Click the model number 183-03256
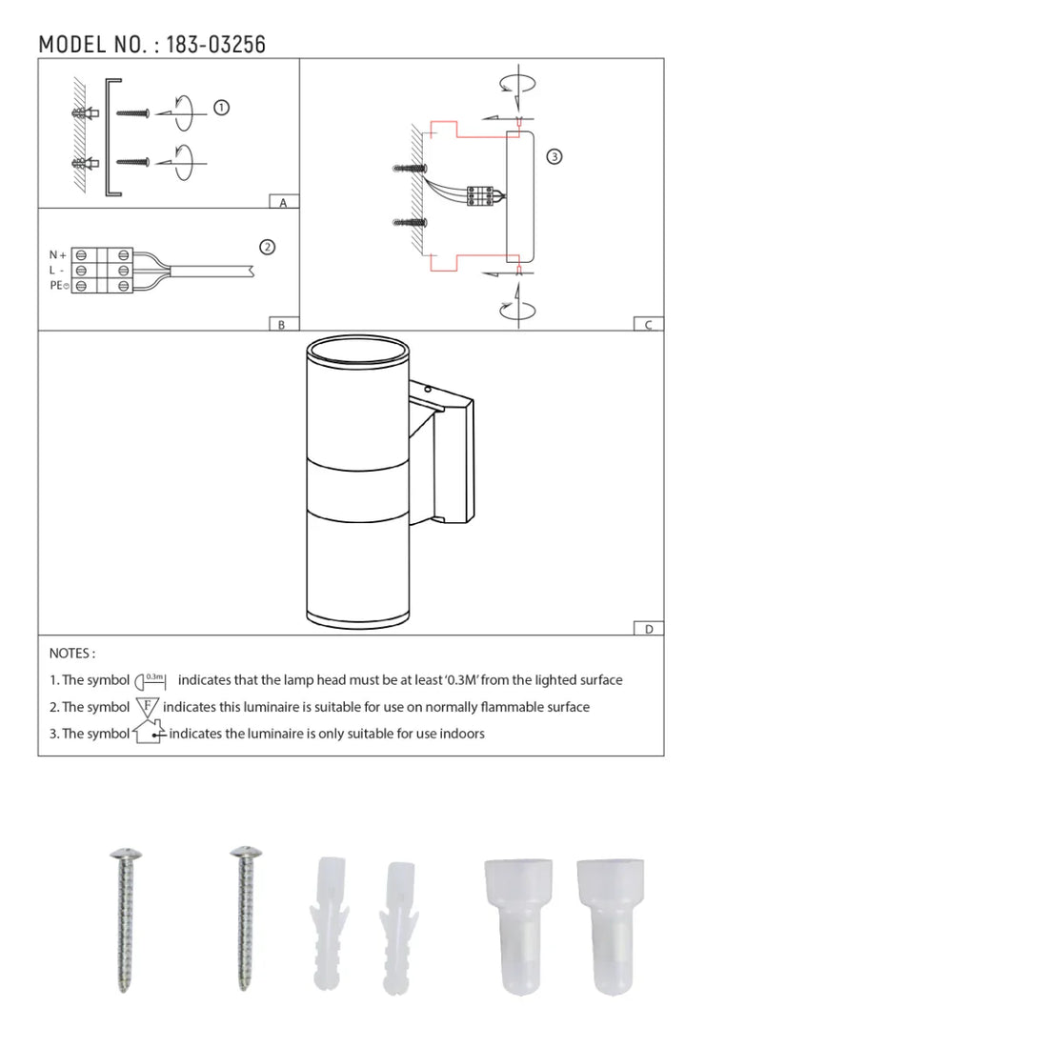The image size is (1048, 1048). (x=216, y=45)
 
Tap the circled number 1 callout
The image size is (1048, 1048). (x=221, y=108)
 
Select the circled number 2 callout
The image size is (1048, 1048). (x=268, y=248)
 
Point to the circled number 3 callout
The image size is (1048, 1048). (x=554, y=156)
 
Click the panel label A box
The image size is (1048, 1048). (x=283, y=202)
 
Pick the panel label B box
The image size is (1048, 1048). (x=283, y=324)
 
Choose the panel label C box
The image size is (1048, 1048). (x=648, y=324)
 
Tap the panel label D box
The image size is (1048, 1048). (x=648, y=628)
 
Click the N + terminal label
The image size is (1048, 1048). (x=57, y=254)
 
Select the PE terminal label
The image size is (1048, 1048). (x=59, y=286)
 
